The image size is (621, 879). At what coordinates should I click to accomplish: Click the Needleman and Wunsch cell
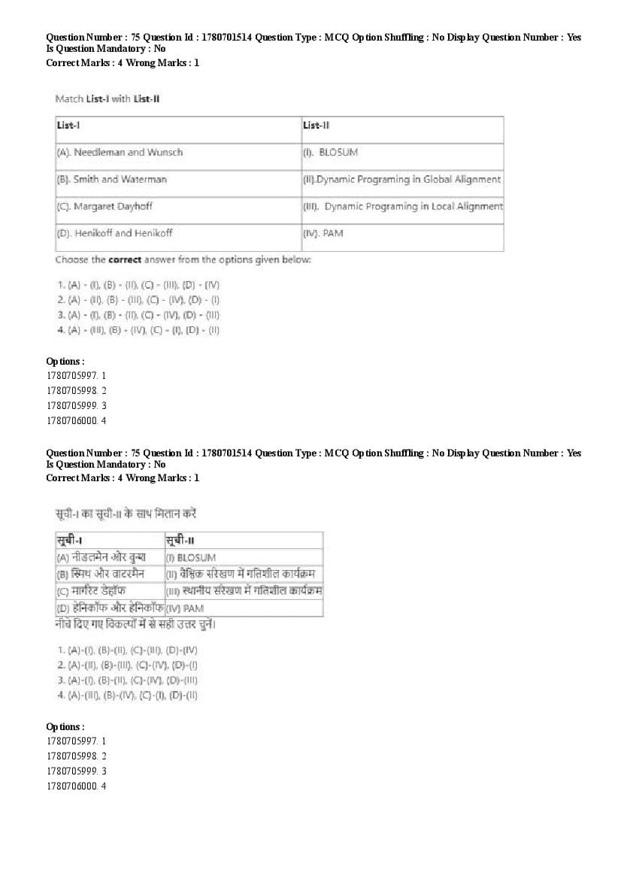(120, 153)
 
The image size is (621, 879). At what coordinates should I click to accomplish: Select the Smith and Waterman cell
(112, 180)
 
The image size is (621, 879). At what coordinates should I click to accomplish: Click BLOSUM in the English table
(331, 153)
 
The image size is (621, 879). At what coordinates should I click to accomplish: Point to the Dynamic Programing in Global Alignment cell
(401, 180)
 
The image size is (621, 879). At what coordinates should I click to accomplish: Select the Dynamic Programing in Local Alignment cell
(403, 207)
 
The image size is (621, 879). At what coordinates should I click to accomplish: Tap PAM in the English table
(323, 234)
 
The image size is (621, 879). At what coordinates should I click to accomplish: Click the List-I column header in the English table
(65, 126)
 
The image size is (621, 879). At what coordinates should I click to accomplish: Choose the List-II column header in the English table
(316, 126)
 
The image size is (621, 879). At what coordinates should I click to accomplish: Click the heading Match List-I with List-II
(108, 99)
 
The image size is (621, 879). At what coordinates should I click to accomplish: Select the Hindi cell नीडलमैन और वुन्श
(101, 557)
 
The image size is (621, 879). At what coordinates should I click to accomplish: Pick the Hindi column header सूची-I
(69, 541)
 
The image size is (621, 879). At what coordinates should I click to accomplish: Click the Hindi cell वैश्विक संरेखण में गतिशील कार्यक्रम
(244, 574)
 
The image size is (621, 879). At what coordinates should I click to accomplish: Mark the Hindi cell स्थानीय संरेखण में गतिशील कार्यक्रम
(244, 591)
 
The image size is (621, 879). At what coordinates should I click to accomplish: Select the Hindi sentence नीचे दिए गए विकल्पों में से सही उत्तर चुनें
(141, 625)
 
